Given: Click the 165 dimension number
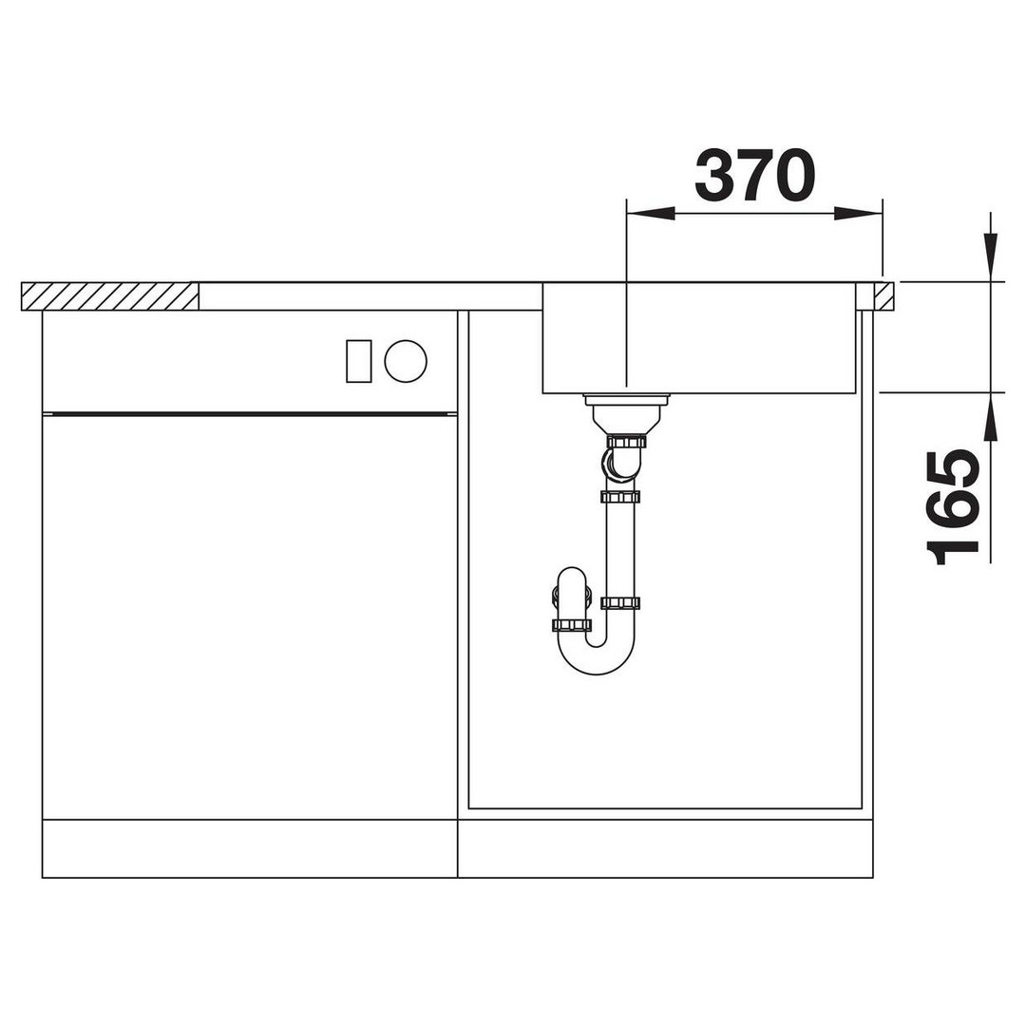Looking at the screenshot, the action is click(953, 507).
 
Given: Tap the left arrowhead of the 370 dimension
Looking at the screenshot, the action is click(651, 214).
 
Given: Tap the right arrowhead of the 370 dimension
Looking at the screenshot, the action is click(859, 214).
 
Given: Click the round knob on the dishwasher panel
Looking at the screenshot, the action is click(406, 361).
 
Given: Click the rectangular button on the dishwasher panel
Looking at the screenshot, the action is click(358, 361).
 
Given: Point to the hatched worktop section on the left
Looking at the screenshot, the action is click(110, 296).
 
